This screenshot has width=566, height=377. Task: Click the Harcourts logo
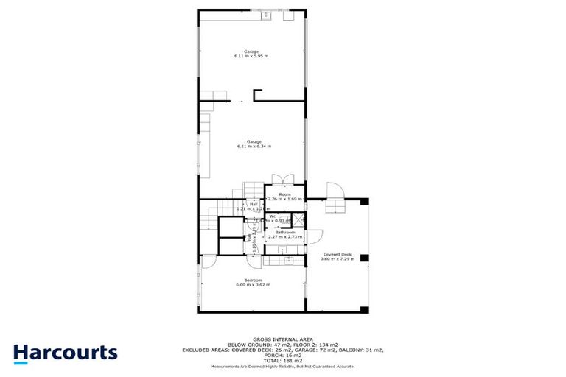(65, 352)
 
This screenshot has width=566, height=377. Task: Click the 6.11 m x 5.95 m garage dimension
(251, 56)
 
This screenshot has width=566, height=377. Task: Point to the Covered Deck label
(336, 254)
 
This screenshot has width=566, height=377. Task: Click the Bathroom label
(285, 232)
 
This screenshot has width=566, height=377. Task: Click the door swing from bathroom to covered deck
(314, 237)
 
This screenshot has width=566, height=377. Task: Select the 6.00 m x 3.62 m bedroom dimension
(253, 285)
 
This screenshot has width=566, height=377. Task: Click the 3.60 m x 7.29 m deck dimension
(336, 259)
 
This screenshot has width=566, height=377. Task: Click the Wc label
(271, 216)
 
